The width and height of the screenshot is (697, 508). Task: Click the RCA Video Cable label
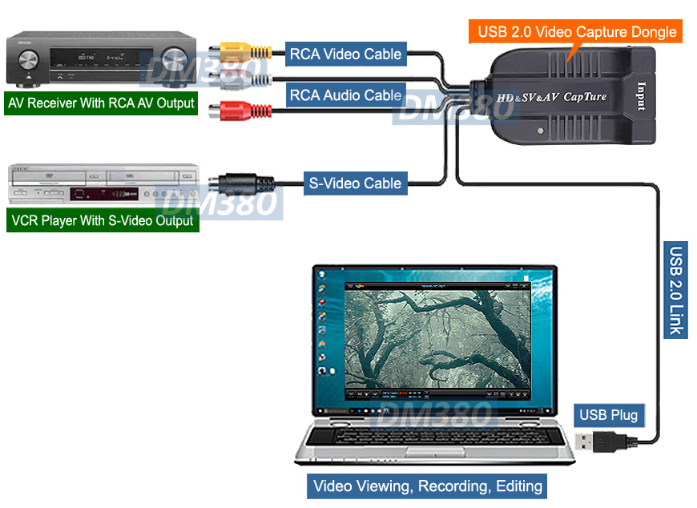346,54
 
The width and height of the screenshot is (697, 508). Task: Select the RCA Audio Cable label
346,95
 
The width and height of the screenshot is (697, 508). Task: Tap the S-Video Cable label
355,183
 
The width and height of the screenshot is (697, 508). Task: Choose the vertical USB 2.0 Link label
676,289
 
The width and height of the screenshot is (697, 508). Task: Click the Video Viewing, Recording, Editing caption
428,486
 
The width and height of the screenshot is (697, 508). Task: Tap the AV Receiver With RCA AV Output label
101,103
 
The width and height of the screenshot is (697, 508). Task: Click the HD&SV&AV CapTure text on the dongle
551,97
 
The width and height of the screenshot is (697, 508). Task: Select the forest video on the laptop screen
437,337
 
